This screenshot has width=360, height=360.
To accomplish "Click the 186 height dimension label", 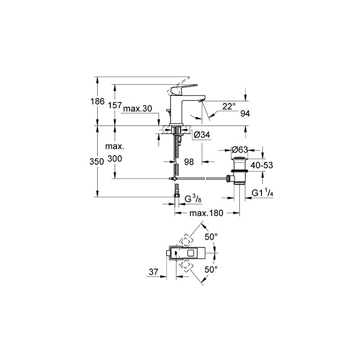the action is pyautogui.click(x=97, y=101).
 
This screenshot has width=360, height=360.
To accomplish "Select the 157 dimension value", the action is pyautogui.click(x=115, y=105).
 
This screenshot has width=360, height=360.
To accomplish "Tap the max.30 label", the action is pyautogui.click(x=138, y=108).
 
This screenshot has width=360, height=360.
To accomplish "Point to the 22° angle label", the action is pyautogui.click(x=229, y=106).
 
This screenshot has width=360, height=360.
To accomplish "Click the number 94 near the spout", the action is pyautogui.click(x=245, y=113).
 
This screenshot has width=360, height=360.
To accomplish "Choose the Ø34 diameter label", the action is pyautogui.click(x=202, y=135).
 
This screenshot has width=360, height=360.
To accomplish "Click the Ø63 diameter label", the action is pyautogui.click(x=240, y=150).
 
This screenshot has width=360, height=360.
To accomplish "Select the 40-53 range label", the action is pyautogui.click(x=261, y=165).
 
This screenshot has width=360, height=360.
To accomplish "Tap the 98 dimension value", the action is pyautogui.click(x=189, y=162).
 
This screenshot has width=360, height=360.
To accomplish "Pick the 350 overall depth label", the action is pyautogui.click(x=97, y=162).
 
